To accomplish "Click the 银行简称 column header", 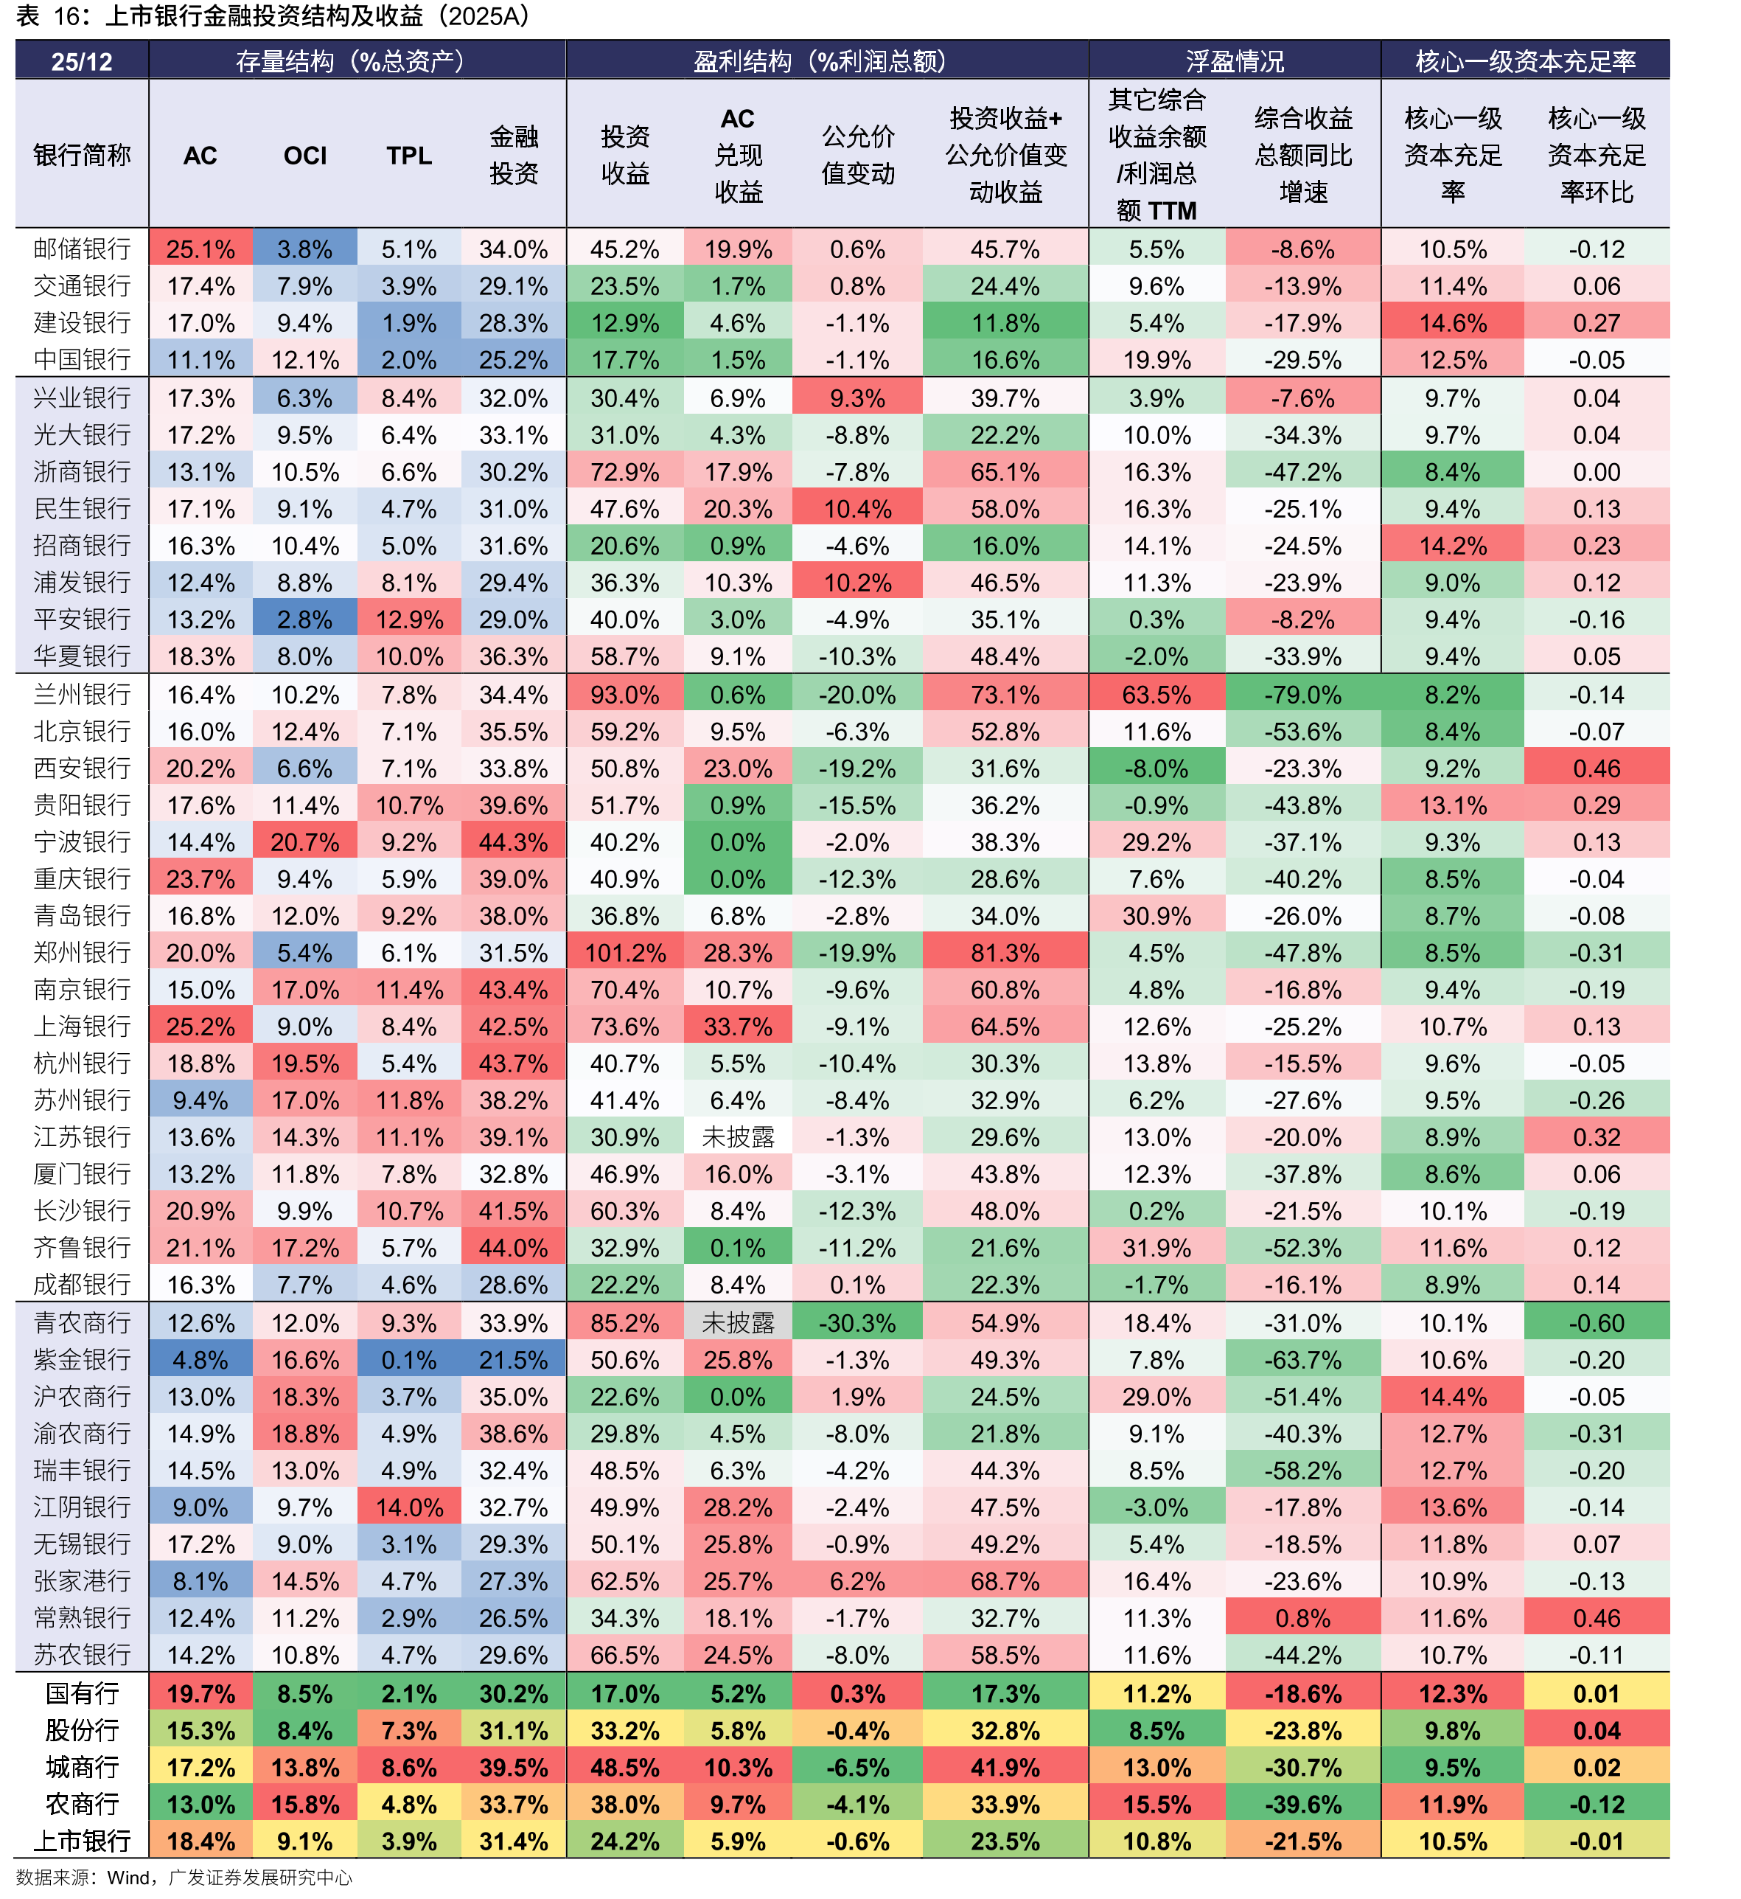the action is pos(82,155).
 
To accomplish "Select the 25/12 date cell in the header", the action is pos(81,61).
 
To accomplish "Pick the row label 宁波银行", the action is pos(82,841).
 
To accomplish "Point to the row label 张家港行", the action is pos(82,1580).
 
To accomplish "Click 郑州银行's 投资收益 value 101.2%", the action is pos(626,953).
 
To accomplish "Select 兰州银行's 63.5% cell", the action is pos(1157,695).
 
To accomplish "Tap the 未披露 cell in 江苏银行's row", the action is pos(738,1137).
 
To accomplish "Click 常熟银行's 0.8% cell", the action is pos(1303,1618).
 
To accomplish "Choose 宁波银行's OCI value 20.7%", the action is pos(304,841).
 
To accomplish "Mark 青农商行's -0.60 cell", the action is pos(1596,1323).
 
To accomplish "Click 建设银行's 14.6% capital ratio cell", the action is pos(1453,323).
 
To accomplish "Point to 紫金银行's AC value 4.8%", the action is pos(200,1360).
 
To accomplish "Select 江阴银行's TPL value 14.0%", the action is pos(409,1507).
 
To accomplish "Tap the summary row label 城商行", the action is pos(82,1767).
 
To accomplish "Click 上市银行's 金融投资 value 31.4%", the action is pos(514,1841).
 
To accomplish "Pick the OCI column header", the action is pos(305,156).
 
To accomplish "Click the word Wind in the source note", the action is pos(128,1878).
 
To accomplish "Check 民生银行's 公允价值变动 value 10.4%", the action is pos(857,509).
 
